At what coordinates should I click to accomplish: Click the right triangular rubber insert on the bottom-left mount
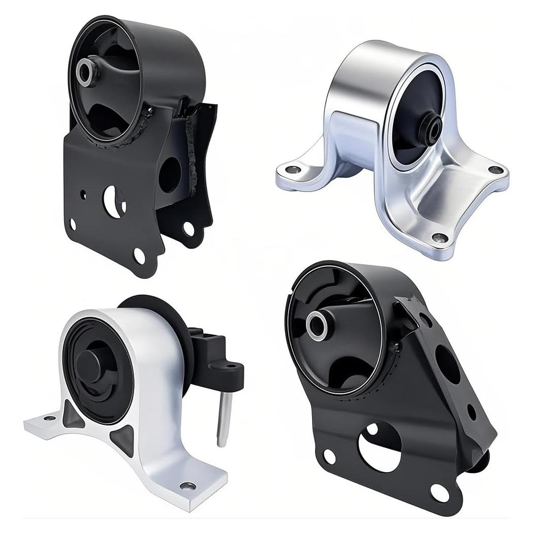click(124, 436)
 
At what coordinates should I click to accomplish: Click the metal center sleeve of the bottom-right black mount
click(317, 323)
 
